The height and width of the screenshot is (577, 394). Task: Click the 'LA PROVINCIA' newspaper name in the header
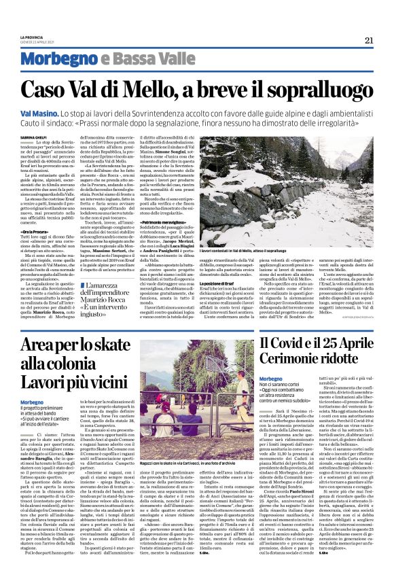pyautogui.click(x=31, y=36)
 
